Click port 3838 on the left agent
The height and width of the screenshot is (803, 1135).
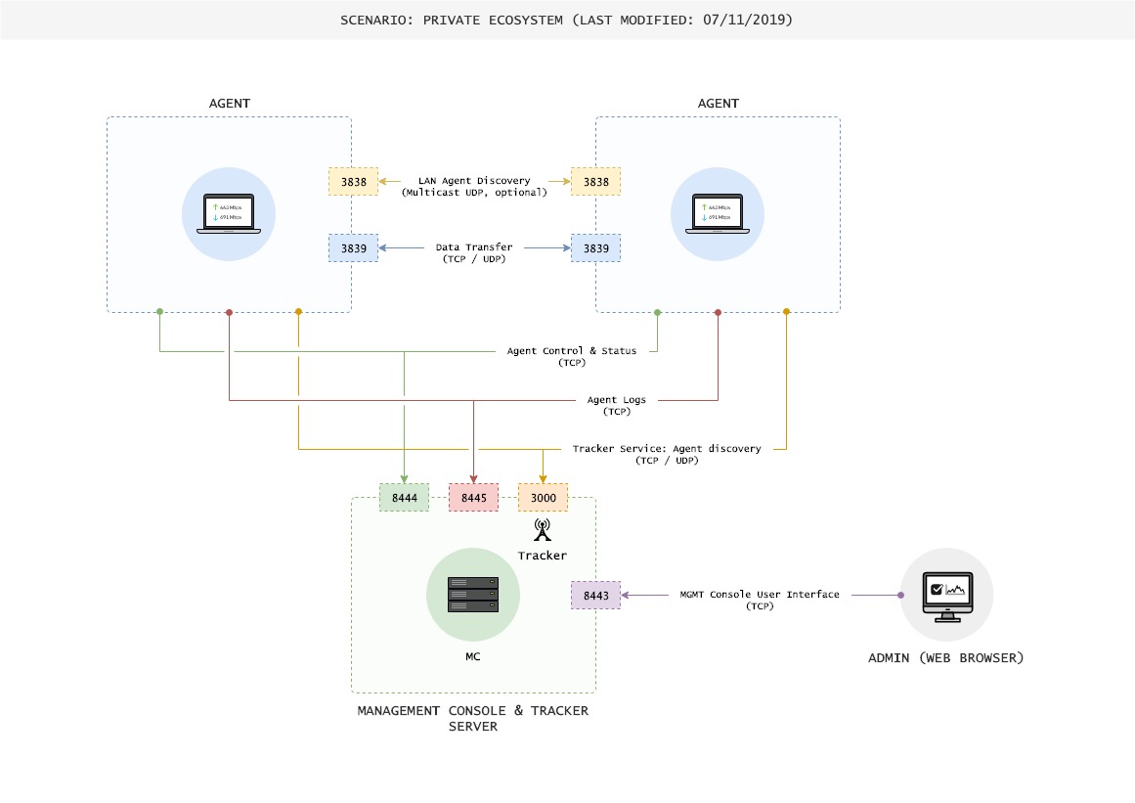(352, 181)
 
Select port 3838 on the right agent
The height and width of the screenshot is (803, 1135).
(595, 181)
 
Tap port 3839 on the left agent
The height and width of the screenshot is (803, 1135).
(352, 248)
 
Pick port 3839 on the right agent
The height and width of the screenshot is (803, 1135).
(595, 248)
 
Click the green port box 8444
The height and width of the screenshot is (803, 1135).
(404, 498)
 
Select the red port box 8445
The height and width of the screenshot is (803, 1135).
(473, 498)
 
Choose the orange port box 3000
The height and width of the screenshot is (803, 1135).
(543, 498)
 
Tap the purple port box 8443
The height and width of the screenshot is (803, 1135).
(595, 595)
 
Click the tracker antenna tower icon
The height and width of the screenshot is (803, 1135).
(542, 530)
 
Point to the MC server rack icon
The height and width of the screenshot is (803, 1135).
(473, 595)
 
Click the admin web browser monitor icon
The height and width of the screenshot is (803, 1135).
(946, 594)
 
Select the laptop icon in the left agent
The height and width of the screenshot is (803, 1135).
(229, 214)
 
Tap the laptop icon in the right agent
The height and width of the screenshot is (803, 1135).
(718, 214)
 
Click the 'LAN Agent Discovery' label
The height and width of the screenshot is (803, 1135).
(474, 180)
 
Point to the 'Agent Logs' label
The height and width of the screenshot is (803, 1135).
(618, 400)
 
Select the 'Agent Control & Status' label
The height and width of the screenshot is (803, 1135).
(571, 350)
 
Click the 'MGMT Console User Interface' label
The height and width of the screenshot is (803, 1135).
(759, 595)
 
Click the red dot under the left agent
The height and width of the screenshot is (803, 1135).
(229, 312)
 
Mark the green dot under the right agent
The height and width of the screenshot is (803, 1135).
(657, 312)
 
